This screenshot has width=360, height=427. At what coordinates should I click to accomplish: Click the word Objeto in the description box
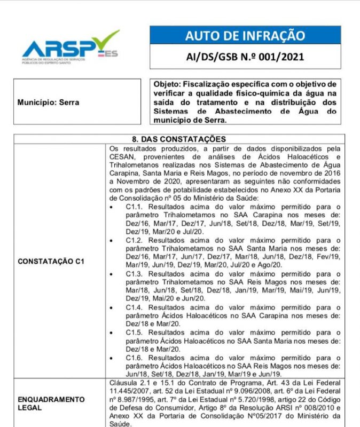pos(167,84)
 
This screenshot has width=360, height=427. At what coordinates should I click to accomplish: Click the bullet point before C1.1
pos(111,207)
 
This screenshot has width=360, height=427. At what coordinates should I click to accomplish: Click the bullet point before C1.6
pos(111,357)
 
